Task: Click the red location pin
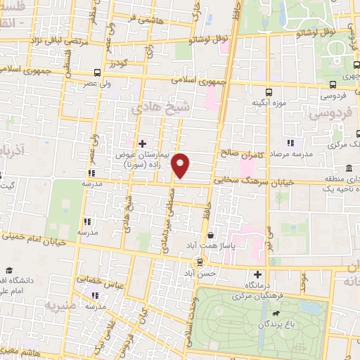coord(181,166)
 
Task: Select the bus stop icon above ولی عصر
coord(97,72)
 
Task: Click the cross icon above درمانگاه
coord(258,274)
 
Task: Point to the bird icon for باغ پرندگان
coord(282,313)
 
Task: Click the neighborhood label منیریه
coord(60,307)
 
